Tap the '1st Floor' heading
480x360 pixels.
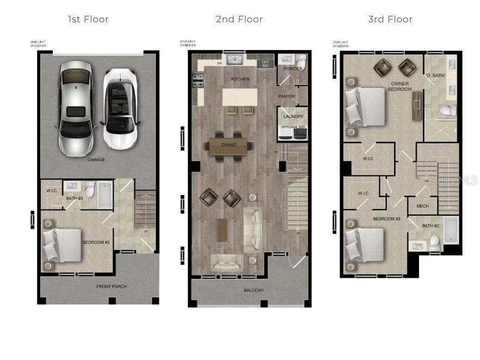[x=88, y=20]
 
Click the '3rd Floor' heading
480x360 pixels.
[x=390, y=20]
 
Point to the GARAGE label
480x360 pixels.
[x=96, y=160]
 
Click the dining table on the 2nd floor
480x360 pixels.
[x=229, y=145]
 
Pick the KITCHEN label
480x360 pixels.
[x=240, y=80]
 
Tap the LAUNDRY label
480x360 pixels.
[x=293, y=117]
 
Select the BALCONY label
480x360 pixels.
[x=254, y=290]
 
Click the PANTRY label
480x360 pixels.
[x=286, y=97]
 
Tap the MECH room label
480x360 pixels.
[x=422, y=206]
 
